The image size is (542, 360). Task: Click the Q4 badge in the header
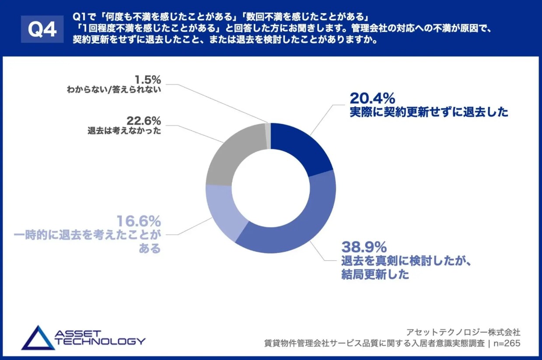click(42, 29)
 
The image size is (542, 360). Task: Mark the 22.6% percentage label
click(144, 120)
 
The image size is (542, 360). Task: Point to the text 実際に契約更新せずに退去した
click(429, 112)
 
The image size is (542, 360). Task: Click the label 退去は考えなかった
click(124, 131)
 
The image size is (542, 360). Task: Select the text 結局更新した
click(375, 275)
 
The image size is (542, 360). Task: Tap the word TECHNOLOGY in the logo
click(101, 341)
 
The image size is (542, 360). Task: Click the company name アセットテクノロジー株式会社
click(463, 332)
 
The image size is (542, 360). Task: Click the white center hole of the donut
click(271, 188)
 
